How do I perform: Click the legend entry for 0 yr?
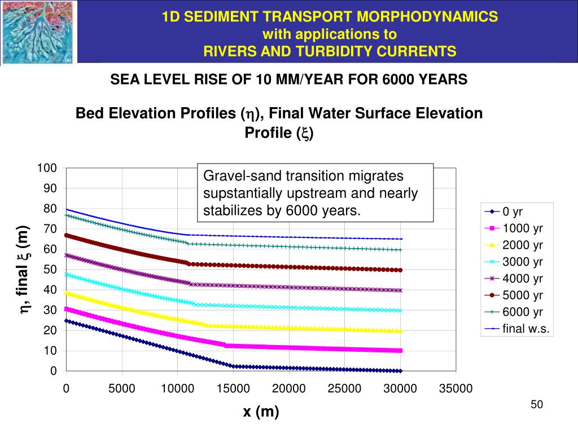click(513, 213)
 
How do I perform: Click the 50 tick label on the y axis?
click(51, 269)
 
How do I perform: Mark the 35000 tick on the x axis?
click(456, 388)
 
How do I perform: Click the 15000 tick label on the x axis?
click(233, 388)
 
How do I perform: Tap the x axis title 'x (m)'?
click(261, 412)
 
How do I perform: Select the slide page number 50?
click(536, 405)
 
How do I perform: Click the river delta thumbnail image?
click(38, 32)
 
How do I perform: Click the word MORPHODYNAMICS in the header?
click(433, 17)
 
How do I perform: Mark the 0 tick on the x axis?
click(66, 388)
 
